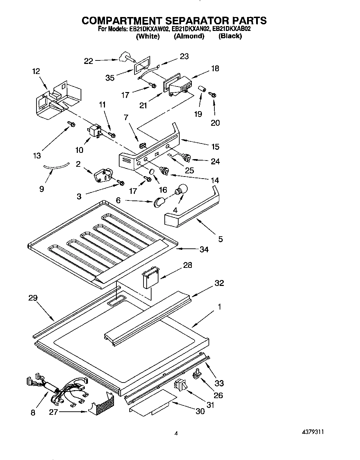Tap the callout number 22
point(89,61)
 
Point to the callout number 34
point(204,249)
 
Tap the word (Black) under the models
point(230,36)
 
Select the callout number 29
point(33,298)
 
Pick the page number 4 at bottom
point(176,434)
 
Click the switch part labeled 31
point(181,385)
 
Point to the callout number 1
point(219,307)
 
